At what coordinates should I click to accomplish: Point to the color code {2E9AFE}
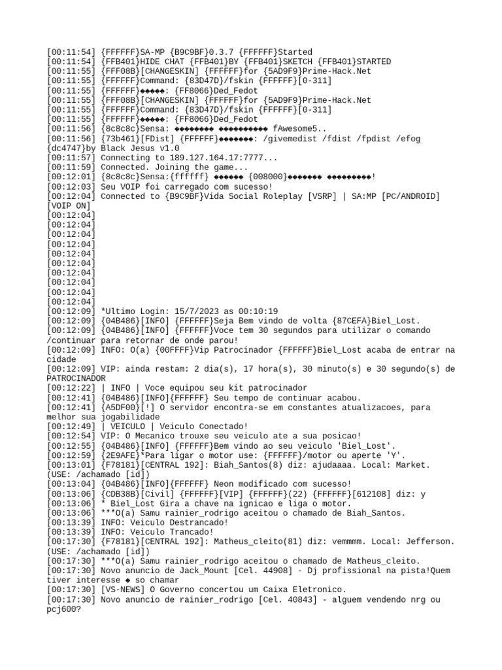tap(124, 455)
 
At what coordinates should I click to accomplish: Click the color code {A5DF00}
tap(124, 407)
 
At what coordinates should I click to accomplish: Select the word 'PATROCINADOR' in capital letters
tap(76, 378)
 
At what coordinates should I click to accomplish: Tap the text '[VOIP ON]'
tap(69, 205)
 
